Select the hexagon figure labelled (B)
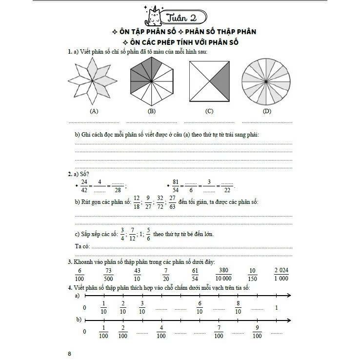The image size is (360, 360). click(x=151, y=81)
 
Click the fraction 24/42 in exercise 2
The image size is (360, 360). click(x=84, y=186)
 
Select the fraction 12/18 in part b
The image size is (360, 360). click(x=137, y=202)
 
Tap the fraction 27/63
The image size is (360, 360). click(x=172, y=202)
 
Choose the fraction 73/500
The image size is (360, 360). click(x=109, y=274)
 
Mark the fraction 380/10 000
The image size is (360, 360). click(x=224, y=274)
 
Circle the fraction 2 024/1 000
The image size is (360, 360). click(x=281, y=274)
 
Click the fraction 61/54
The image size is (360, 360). click(x=195, y=274)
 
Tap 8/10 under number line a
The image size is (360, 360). click(x=238, y=307)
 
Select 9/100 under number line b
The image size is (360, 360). click(x=257, y=332)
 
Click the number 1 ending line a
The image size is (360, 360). click(x=277, y=307)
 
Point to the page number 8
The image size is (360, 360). click(x=70, y=354)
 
